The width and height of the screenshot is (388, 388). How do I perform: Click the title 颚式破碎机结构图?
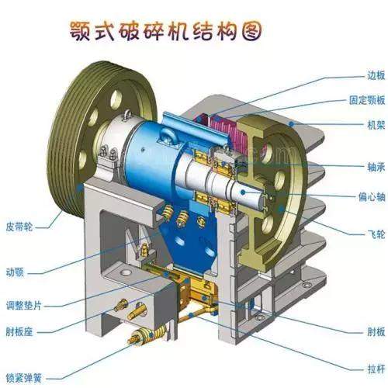point(165,31)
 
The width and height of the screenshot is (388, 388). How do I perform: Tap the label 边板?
point(376,75)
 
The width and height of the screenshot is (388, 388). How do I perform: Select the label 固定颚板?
point(367,100)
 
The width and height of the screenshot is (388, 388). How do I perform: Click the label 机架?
point(376,125)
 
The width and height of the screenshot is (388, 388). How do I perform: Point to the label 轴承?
point(376,167)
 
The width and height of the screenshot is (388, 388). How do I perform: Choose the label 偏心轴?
point(372,197)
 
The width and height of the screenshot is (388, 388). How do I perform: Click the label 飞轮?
point(376,234)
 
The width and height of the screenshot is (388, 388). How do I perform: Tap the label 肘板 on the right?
point(376,331)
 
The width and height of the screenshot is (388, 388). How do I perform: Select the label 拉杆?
point(376,369)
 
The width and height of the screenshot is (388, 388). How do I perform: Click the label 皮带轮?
point(19,227)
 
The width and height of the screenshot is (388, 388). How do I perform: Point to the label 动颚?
point(15,272)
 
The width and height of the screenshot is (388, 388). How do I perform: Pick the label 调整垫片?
point(24,305)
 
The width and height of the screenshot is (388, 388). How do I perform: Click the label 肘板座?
point(19,331)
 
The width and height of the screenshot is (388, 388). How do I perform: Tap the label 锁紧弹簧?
point(24,379)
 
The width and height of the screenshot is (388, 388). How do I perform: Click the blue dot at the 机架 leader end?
point(292,124)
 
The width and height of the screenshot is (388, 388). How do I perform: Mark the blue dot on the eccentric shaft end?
point(243,192)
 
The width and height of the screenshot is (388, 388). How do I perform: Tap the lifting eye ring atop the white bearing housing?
point(126,114)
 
